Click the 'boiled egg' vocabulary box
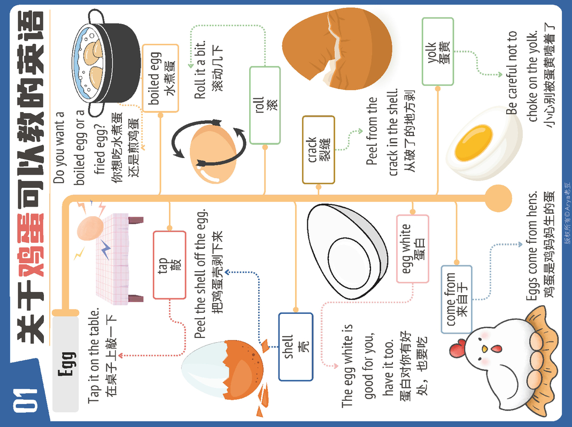click(x=160, y=78)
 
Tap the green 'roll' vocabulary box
click(x=265, y=105)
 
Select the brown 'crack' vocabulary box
click(x=318, y=149)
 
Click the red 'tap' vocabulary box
click(x=169, y=265)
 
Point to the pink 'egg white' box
click(x=412, y=249)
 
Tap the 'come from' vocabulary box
click(x=456, y=299)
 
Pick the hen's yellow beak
click(x=483, y=349)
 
